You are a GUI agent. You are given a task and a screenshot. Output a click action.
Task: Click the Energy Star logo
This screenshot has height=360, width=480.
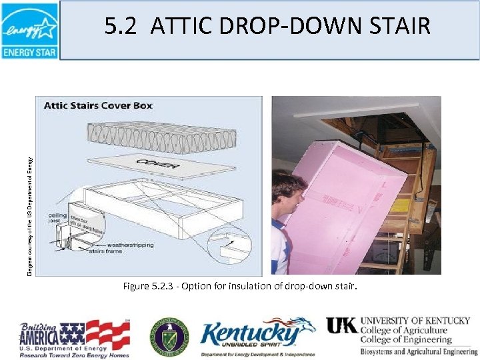(x=29, y=31)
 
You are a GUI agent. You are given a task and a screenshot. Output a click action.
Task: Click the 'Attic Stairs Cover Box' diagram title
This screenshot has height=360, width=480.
(x=98, y=105)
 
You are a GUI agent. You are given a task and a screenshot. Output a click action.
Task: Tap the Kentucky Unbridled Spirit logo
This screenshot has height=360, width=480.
(x=257, y=337)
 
